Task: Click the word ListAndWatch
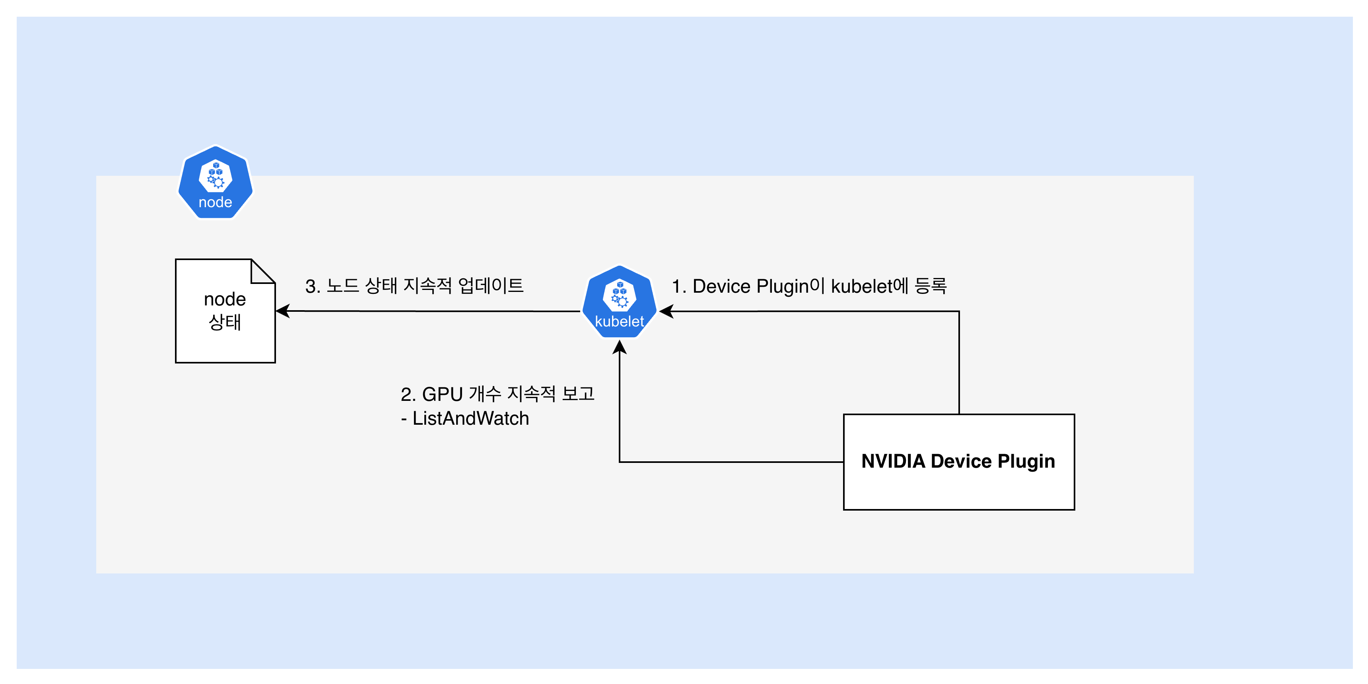470,418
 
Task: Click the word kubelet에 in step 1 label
870,286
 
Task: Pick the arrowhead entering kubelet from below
619,347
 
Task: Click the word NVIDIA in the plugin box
893,461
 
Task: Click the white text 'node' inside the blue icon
215,202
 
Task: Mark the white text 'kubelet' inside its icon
619,321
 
